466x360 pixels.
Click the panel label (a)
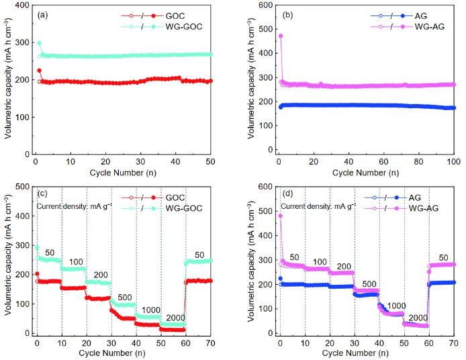[x=44, y=14]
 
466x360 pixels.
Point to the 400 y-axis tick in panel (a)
[x=25, y=5]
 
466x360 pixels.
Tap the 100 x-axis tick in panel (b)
[x=453, y=163]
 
